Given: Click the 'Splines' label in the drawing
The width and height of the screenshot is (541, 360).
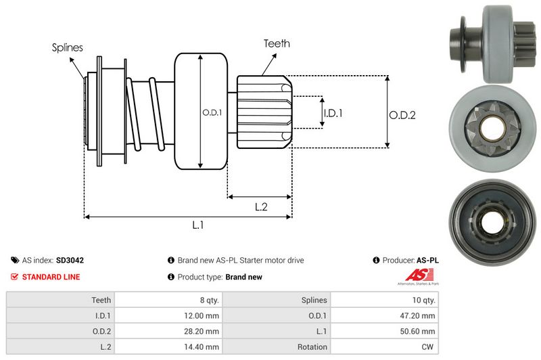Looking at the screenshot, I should point(67,47).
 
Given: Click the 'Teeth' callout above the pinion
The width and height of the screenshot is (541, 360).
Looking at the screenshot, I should point(277,43).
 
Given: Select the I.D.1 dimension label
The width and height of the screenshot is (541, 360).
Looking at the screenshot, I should point(332,113).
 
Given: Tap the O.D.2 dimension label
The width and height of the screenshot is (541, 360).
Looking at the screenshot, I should point(402,115).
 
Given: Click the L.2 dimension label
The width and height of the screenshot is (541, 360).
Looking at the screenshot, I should point(262,208).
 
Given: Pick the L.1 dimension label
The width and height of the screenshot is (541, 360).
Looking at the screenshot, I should point(198,226).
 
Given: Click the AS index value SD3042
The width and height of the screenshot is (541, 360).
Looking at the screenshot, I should point(70,260).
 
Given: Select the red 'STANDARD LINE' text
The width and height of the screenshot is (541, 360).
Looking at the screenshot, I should point(51,277).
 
